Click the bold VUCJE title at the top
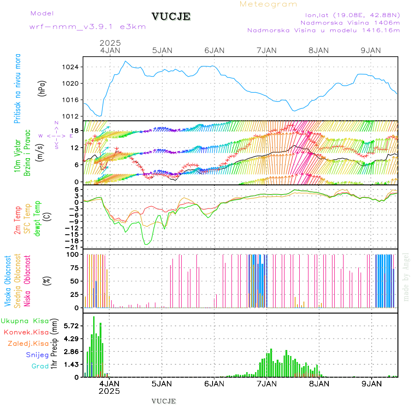point(171,17)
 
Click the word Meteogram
point(269,4)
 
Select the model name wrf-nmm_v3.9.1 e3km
point(88,27)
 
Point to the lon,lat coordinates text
point(349,14)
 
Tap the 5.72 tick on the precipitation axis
point(71,326)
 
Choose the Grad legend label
point(40,366)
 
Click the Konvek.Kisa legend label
point(26,332)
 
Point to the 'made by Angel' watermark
point(406,277)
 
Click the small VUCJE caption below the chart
point(164,401)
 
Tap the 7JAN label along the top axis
point(267,50)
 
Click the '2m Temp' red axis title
point(18,220)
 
